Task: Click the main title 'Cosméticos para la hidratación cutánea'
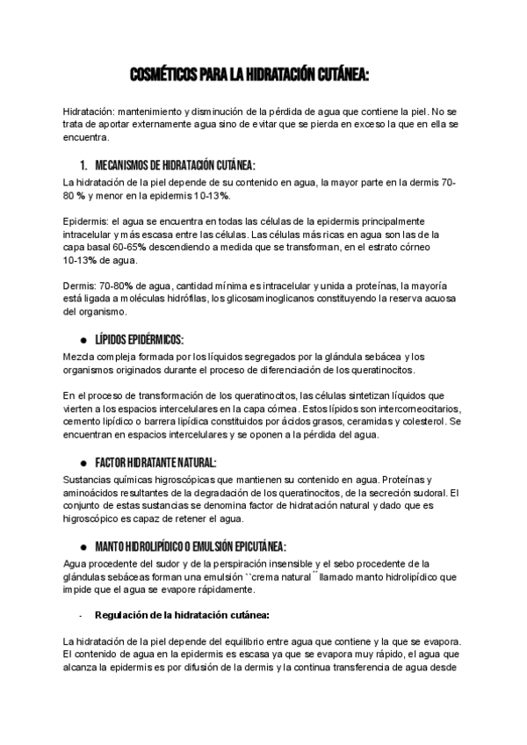[249, 76]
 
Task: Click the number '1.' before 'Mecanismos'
[83, 165]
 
